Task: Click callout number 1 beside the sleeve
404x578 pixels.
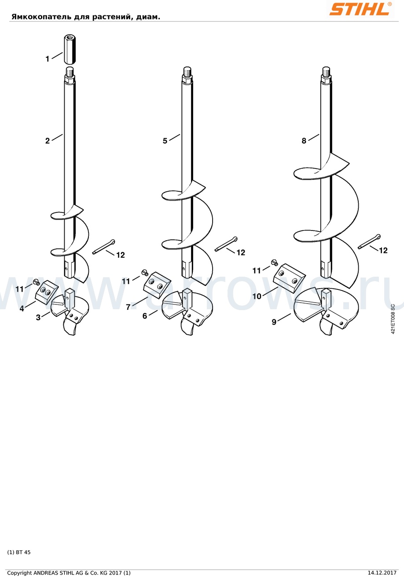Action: tap(47, 59)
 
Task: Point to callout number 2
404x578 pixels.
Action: tap(48, 141)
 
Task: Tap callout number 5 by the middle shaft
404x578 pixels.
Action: tap(165, 141)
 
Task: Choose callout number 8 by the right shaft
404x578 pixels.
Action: tap(304, 141)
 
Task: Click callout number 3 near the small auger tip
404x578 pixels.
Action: tap(38, 318)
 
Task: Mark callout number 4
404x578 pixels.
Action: tap(22, 308)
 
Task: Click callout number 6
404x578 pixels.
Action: tap(145, 316)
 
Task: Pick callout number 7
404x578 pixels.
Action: tap(128, 307)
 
